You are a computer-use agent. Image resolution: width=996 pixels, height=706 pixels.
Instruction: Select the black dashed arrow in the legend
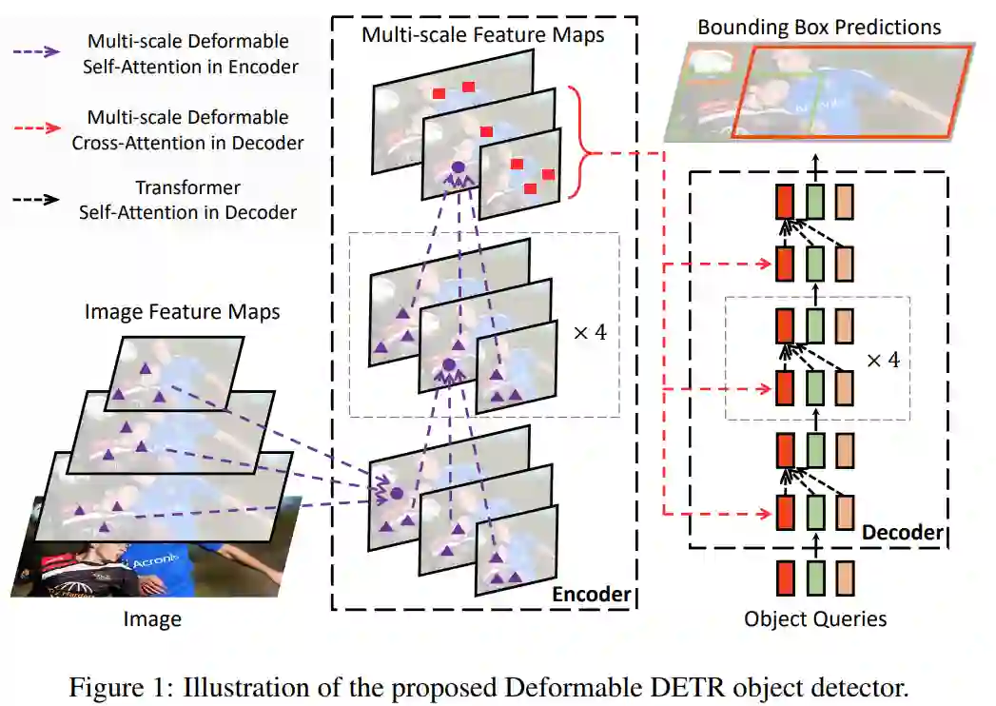[41, 201]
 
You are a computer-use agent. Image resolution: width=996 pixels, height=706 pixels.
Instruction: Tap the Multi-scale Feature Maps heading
[482, 36]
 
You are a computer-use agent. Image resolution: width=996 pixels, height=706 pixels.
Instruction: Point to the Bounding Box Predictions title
[819, 26]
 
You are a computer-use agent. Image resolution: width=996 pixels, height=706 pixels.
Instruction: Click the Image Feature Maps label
[182, 311]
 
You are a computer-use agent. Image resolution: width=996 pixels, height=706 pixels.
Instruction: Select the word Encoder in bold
[591, 595]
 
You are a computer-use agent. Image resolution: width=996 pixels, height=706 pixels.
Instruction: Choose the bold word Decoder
[902, 531]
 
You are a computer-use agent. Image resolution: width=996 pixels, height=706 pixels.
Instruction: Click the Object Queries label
[815, 619]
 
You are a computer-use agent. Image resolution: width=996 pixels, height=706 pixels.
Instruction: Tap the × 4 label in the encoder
[589, 334]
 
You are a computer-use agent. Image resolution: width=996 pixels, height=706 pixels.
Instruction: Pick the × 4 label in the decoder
[883, 361]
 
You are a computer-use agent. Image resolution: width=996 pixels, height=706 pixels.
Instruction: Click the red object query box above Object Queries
[785, 578]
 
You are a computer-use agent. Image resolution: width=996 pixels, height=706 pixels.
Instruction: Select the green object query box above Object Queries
[815, 578]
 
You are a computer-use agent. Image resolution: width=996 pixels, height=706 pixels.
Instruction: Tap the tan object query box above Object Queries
[846, 578]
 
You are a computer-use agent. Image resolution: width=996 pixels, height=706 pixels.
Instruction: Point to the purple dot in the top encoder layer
[458, 168]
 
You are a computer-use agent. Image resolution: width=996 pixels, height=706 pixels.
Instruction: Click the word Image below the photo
[152, 620]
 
